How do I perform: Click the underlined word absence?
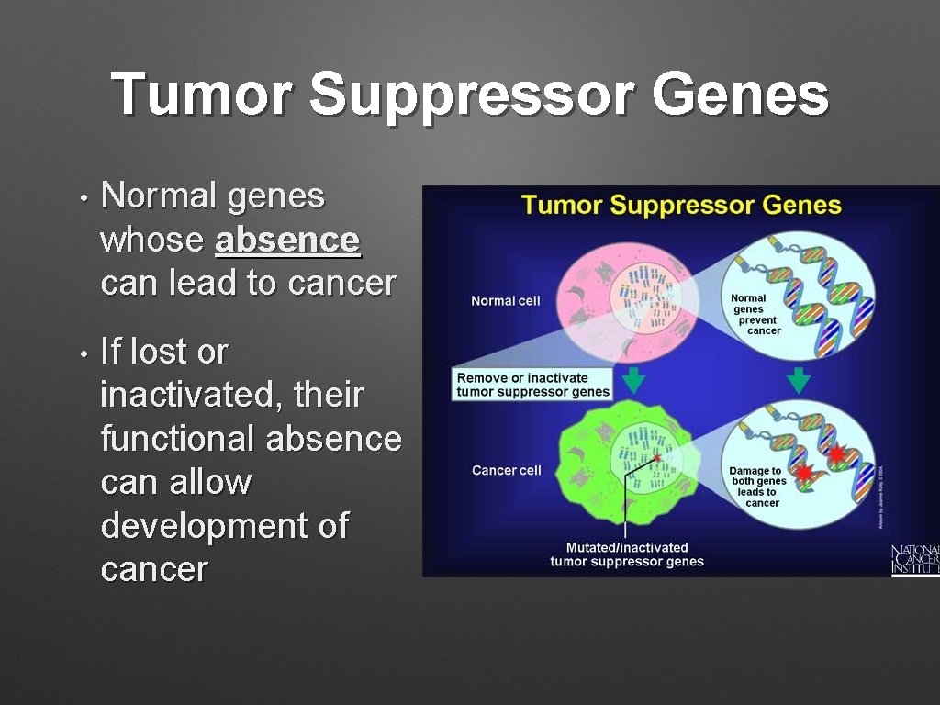pos(287,241)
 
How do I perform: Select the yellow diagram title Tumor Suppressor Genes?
pos(681,204)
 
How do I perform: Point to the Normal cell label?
pos(506,301)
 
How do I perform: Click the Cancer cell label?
pos(507,470)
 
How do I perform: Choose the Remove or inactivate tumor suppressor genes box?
pos(533,385)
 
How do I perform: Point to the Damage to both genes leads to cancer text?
pos(758,487)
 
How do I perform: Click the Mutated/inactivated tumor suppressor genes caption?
pos(627,554)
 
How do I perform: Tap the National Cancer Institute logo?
pos(915,560)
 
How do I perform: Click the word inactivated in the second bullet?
pos(193,396)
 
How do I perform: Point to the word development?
pos(212,526)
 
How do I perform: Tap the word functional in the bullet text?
pos(177,439)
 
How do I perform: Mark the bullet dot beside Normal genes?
pos(83,198)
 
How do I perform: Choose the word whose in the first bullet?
pos(151,241)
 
